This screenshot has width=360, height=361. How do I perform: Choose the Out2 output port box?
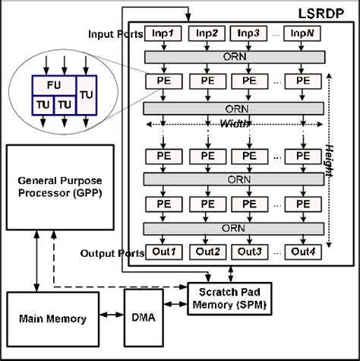coord(207,252)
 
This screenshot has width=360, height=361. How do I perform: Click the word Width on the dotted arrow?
coord(235,125)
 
